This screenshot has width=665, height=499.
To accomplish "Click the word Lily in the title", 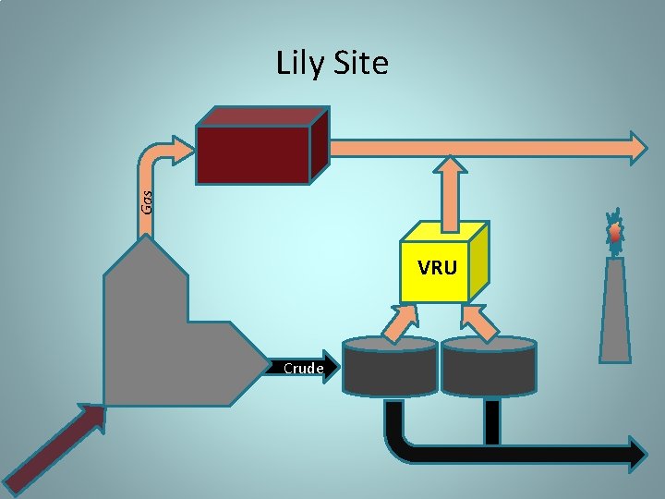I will pos(297,64).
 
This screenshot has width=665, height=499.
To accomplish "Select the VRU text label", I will pos(437,268).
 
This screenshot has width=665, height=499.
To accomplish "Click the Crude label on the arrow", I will pos(303,369).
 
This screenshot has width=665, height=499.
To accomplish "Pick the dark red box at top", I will pos(252,154).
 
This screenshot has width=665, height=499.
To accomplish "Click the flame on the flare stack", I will pos(614,233).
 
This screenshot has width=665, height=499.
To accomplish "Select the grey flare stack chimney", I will pos(614,310).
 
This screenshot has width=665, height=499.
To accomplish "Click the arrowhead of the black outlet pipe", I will pos(637,453).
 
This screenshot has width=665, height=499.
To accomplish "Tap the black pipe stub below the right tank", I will pos(491,421).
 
